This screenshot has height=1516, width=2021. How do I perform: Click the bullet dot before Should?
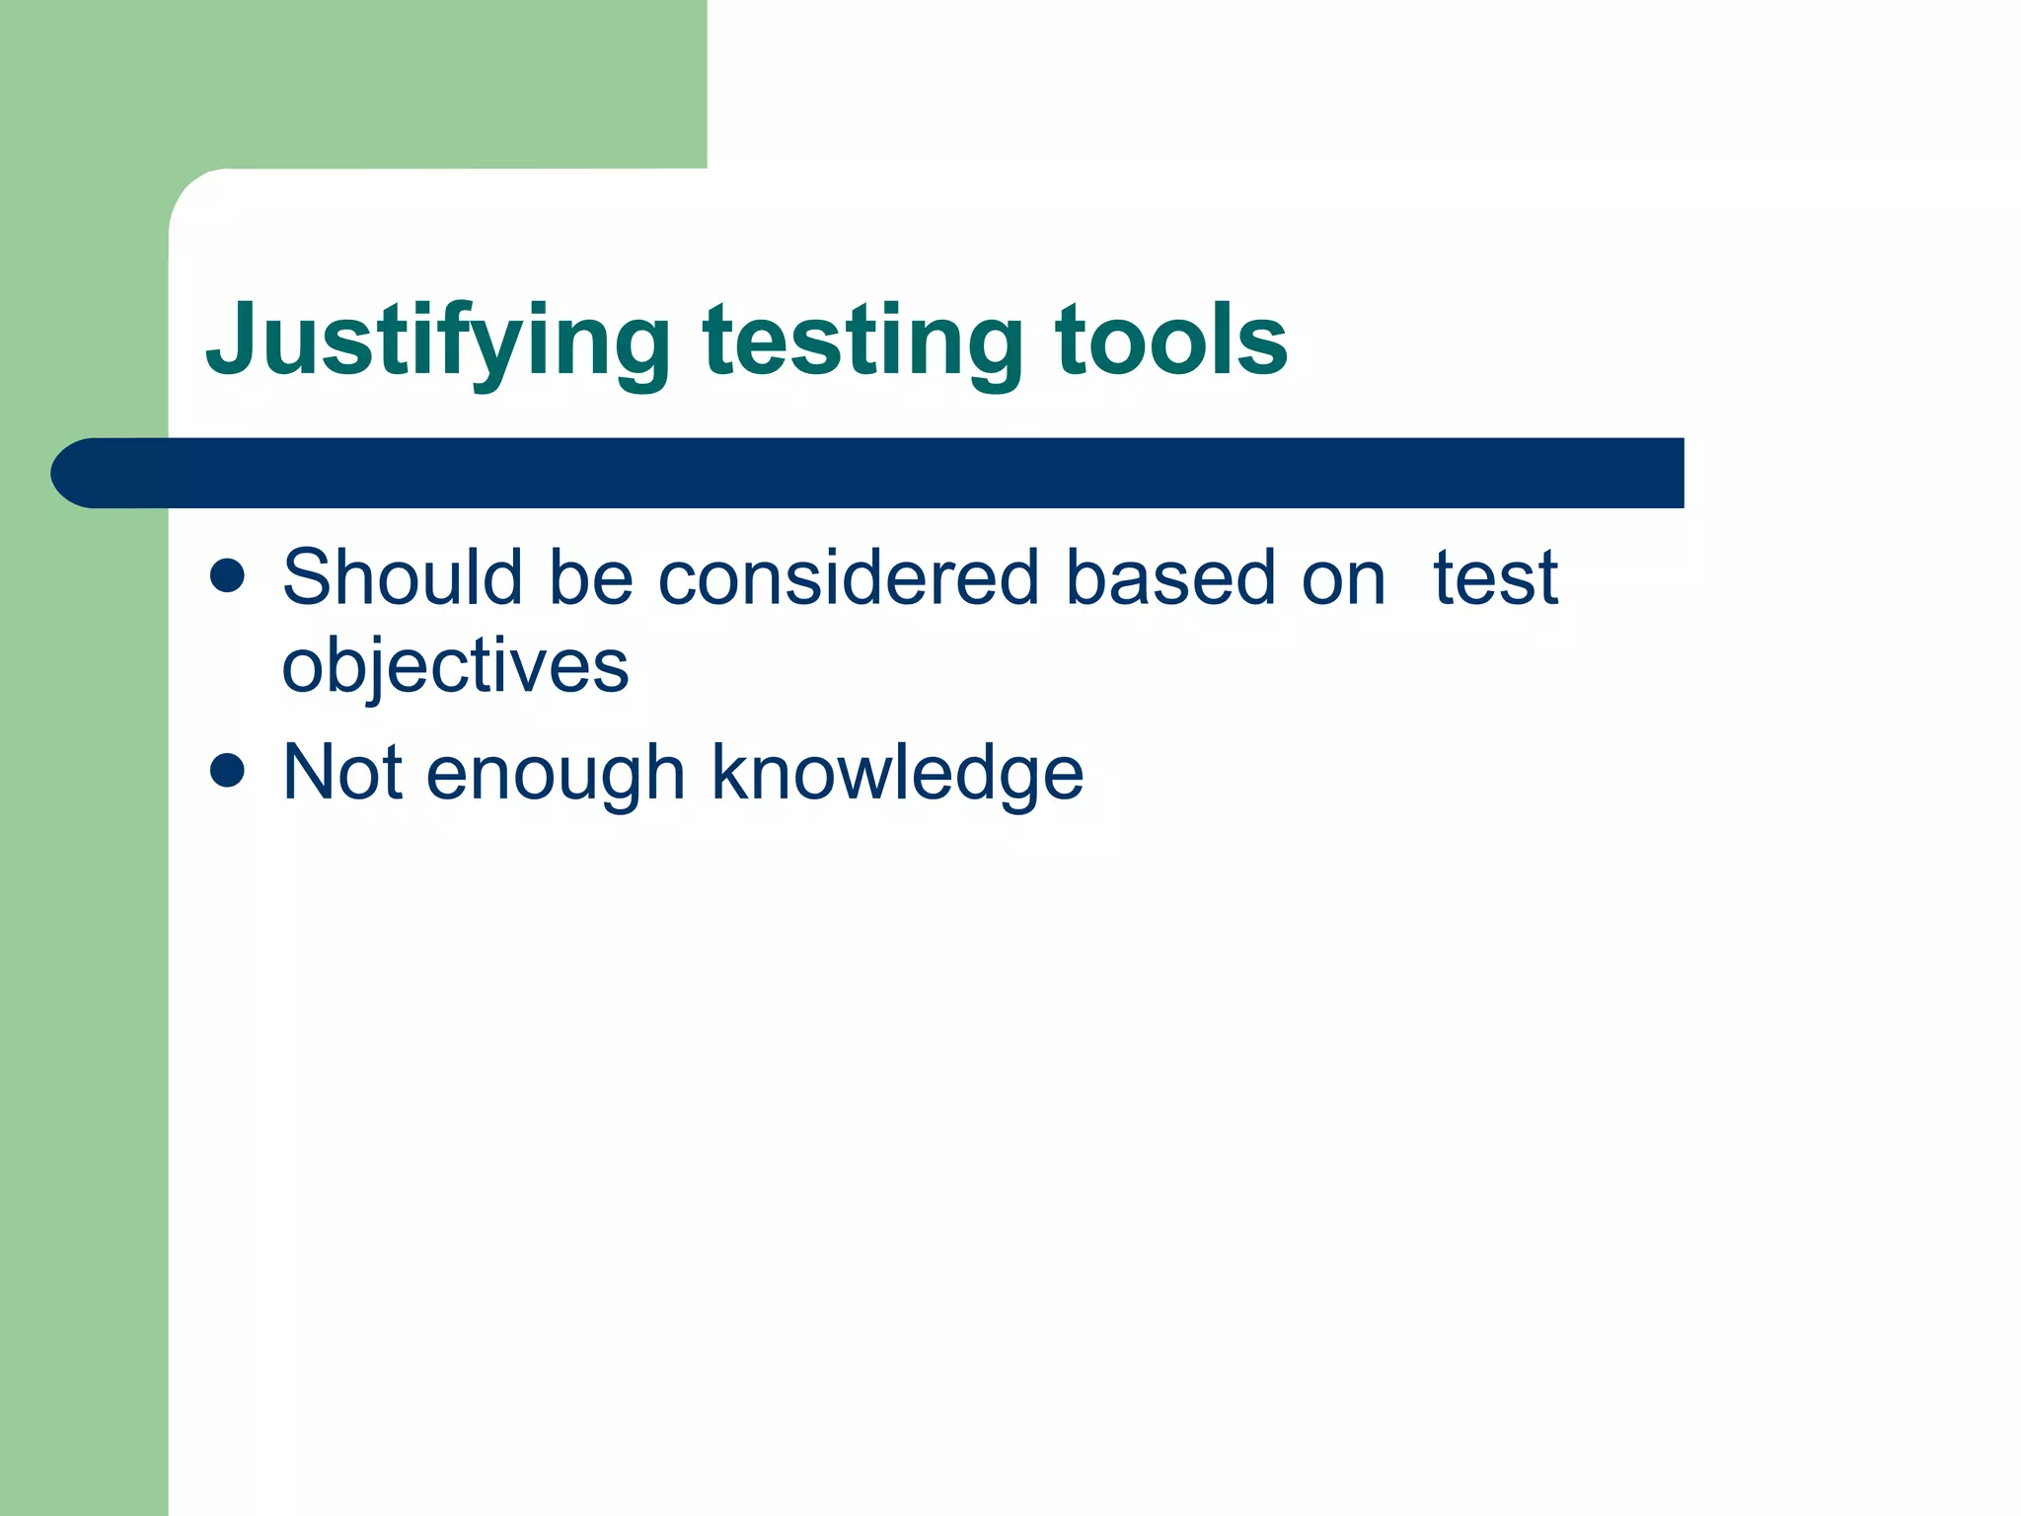[227, 575]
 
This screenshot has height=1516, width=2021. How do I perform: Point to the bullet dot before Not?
[227, 770]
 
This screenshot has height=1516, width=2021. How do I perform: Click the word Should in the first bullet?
[402, 577]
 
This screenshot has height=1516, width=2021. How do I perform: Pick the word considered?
[849, 577]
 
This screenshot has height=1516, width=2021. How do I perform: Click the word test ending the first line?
[1495, 577]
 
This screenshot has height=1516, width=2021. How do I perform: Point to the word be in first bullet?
[590, 577]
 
